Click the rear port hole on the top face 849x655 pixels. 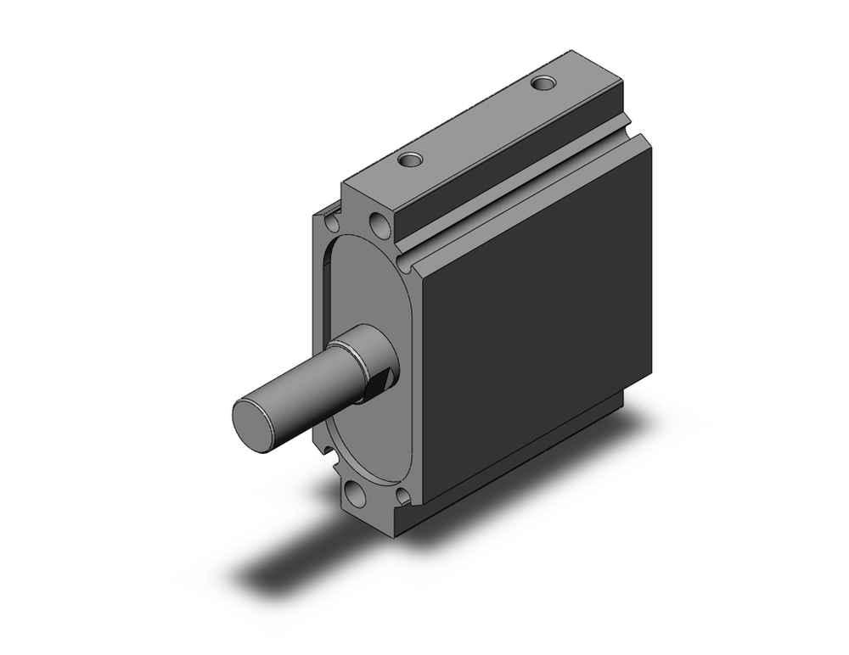tap(542, 83)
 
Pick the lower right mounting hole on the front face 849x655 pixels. tap(402, 496)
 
